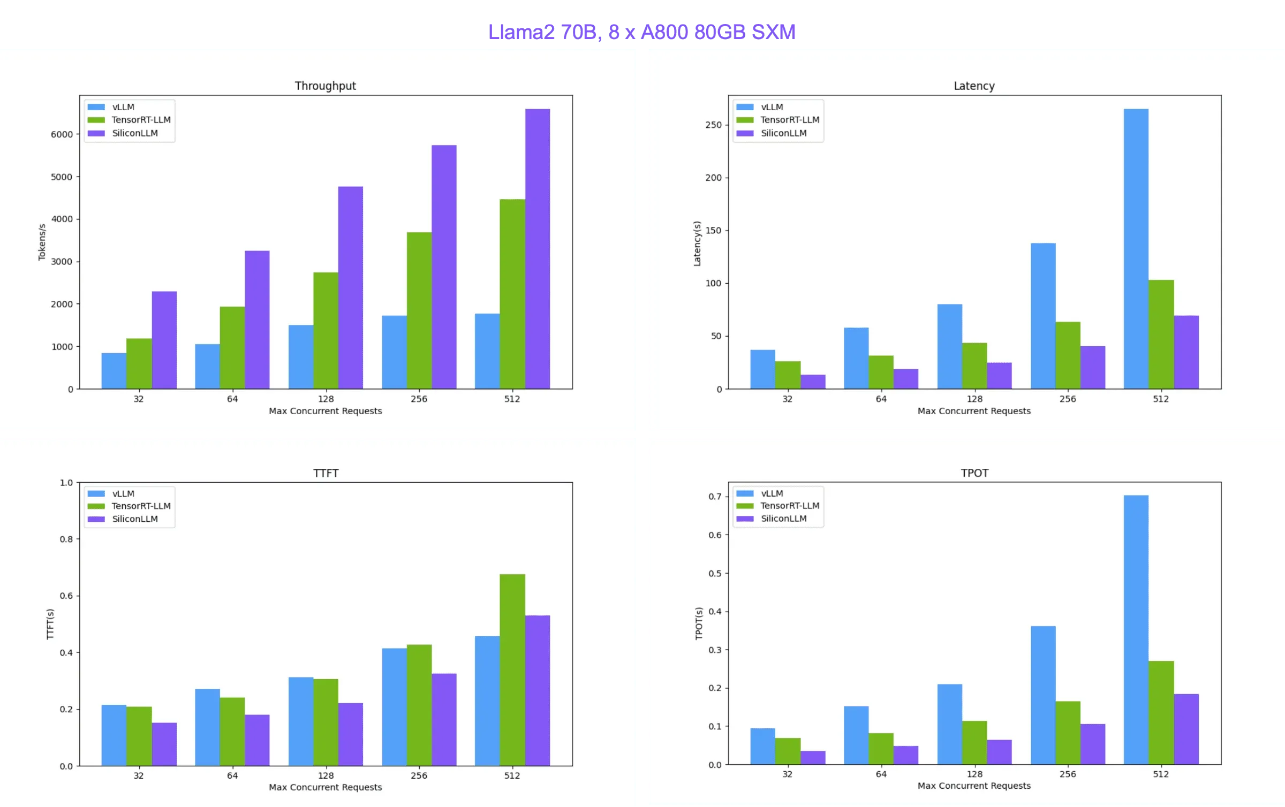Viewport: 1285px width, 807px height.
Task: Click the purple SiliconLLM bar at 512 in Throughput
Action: pyautogui.click(x=537, y=249)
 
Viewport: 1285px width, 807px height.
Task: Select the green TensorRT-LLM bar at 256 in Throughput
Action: pyautogui.click(x=419, y=310)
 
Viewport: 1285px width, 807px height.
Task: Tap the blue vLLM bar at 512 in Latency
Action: pyautogui.click(x=1136, y=249)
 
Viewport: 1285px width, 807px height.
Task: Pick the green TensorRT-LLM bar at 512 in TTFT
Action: pyautogui.click(x=512, y=670)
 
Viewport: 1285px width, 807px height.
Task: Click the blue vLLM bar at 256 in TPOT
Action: pyautogui.click(x=1043, y=695)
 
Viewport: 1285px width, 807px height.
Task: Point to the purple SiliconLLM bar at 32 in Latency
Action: pyautogui.click(x=813, y=382)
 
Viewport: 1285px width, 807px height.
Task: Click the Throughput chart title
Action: pyautogui.click(x=325, y=86)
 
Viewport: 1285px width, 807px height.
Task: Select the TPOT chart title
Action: pyautogui.click(x=974, y=473)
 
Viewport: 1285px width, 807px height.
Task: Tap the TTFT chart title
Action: pyautogui.click(x=326, y=473)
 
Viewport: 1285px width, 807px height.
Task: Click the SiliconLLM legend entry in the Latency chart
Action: pyautogui.click(x=783, y=133)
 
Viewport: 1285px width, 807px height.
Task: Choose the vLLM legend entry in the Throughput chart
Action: pyautogui.click(x=123, y=107)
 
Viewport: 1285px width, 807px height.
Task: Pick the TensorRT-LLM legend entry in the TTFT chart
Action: pyautogui.click(x=141, y=506)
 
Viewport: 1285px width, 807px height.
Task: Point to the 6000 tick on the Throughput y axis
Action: pyautogui.click(x=62, y=134)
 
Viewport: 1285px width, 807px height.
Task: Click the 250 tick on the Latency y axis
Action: pyautogui.click(x=713, y=125)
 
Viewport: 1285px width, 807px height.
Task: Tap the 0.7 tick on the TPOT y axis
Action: pyautogui.click(x=715, y=497)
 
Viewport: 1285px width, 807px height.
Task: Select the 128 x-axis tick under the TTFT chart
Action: pyautogui.click(x=326, y=775)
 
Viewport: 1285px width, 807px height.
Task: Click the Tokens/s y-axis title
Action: pyautogui.click(x=42, y=242)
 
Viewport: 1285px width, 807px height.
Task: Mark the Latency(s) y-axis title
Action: pyautogui.click(x=697, y=243)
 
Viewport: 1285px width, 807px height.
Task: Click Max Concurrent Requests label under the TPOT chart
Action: pyautogui.click(x=974, y=786)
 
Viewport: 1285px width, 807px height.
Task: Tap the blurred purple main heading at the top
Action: pyautogui.click(x=642, y=32)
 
